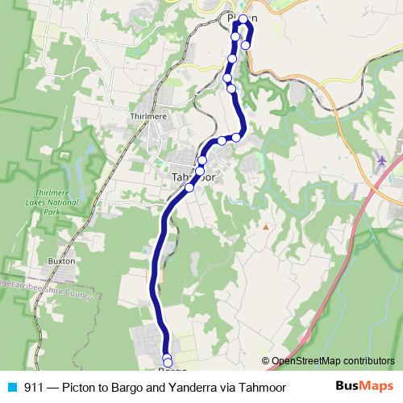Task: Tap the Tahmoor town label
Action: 191,177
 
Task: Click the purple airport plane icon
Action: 393,160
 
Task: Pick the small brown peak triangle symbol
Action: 264,226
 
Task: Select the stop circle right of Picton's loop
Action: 246,44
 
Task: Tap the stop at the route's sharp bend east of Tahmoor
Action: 237,136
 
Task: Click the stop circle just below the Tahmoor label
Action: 189,187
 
